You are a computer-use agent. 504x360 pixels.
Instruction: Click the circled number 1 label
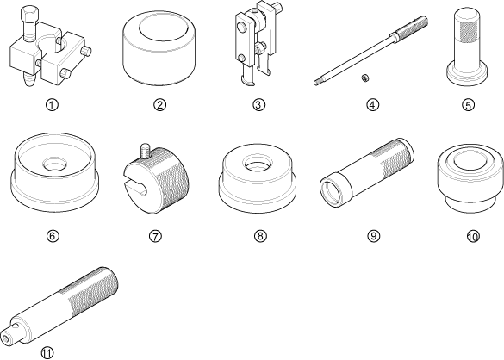point(52,105)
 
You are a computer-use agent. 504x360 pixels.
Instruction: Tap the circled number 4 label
point(372,105)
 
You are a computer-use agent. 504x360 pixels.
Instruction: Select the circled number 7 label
point(155,236)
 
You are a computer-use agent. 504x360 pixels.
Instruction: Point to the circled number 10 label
point(473,237)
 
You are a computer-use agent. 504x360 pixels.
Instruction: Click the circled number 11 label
point(47,352)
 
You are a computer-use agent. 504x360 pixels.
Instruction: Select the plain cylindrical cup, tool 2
point(159,48)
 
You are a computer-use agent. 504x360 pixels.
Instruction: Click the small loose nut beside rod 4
point(364,78)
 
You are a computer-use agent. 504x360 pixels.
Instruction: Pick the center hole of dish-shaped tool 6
point(54,164)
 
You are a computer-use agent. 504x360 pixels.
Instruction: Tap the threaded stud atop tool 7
point(145,151)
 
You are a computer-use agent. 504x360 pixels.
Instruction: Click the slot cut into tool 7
point(135,186)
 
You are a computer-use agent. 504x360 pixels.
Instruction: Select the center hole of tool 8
point(257,163)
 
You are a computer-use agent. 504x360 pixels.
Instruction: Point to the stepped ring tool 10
point(470,179)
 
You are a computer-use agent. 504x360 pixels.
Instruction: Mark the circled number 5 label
point(468,105)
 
